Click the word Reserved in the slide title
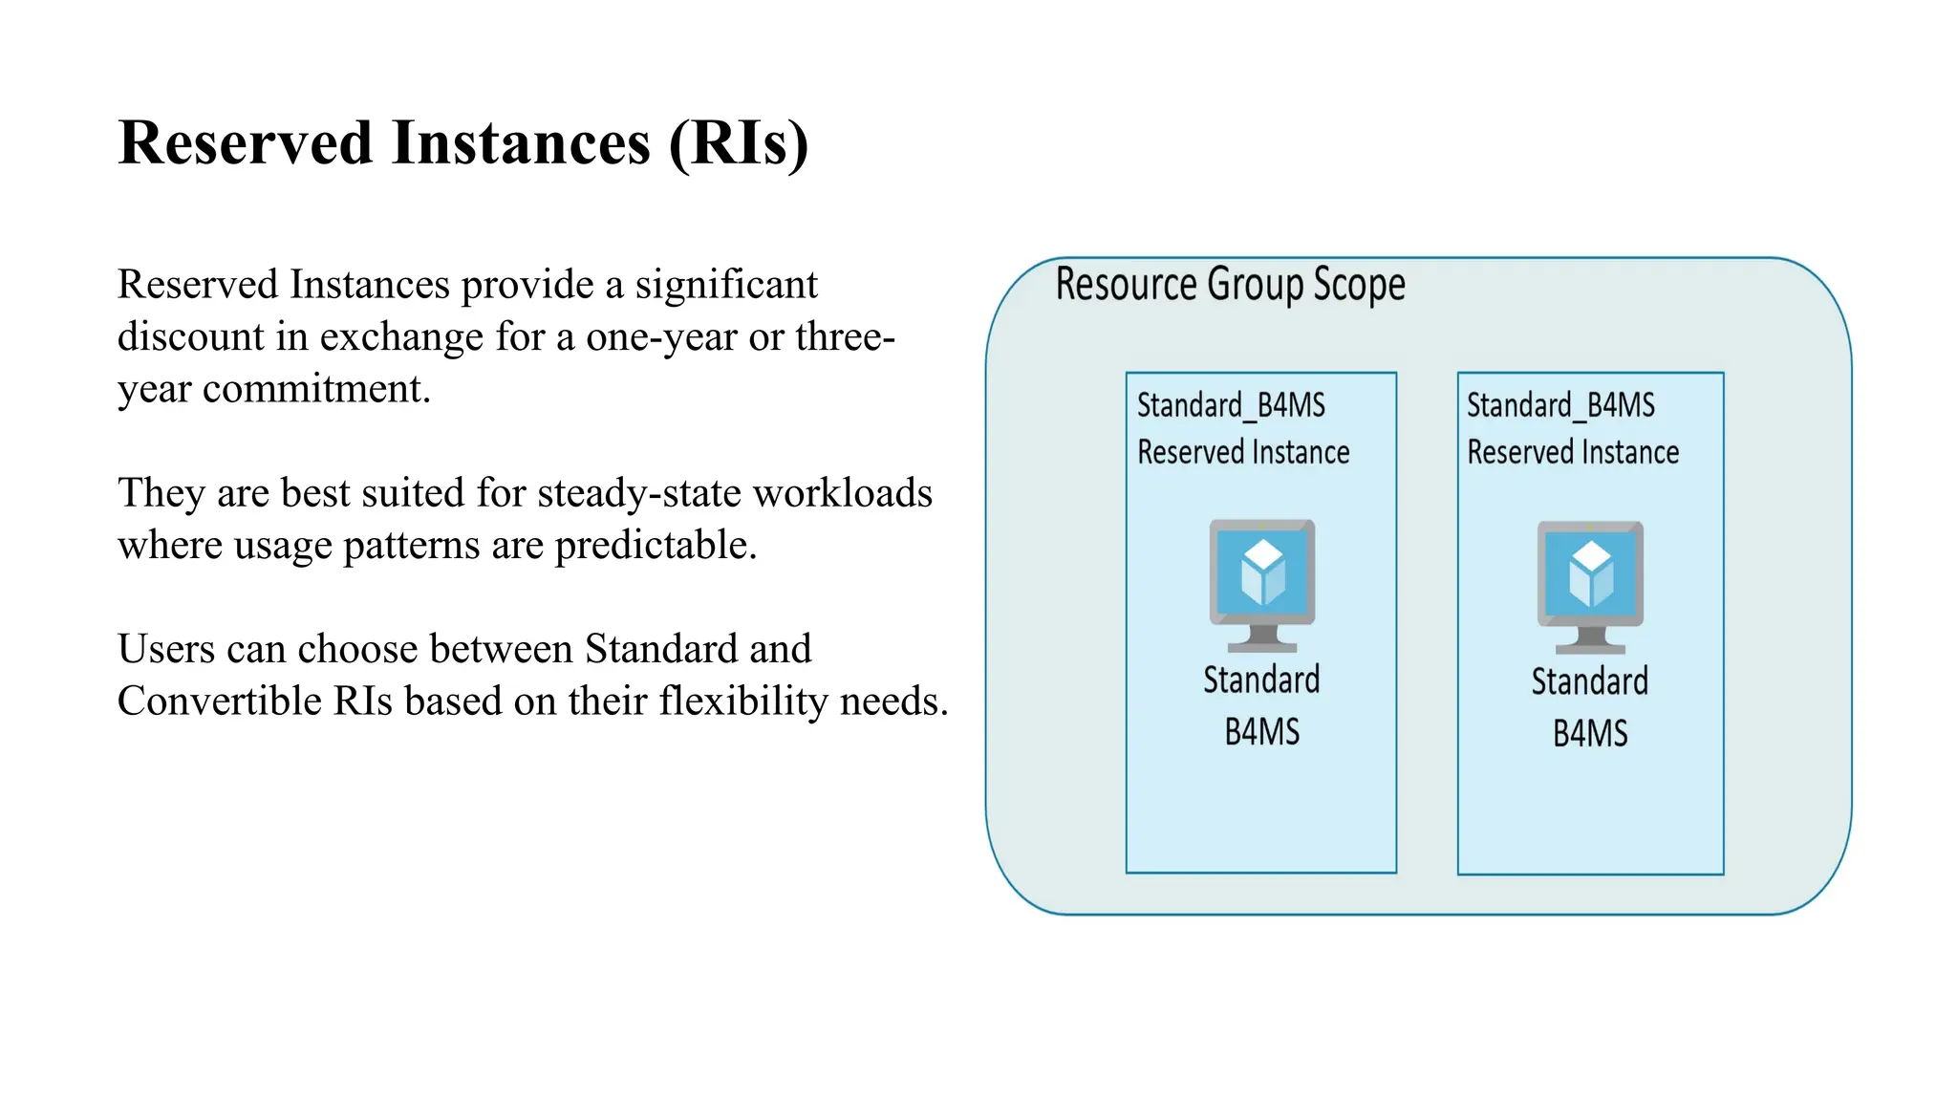(245, 143)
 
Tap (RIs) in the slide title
(738, 143)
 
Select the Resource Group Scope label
(1230, 284)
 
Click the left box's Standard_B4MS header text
(1231, 405)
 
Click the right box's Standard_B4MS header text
(1560, 405)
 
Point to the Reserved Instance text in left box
(1243, 452)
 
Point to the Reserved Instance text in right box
(1573, 452)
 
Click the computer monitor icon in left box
(1262, 584)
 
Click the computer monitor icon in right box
(1590, 586)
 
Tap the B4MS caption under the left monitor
(1262, 732)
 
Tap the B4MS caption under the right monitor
(1590, 734)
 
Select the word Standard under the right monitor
(1590, 681)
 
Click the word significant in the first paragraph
(726, 285)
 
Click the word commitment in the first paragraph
(316, 389)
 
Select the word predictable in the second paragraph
(655, 545)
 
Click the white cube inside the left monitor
(1262, 572)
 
